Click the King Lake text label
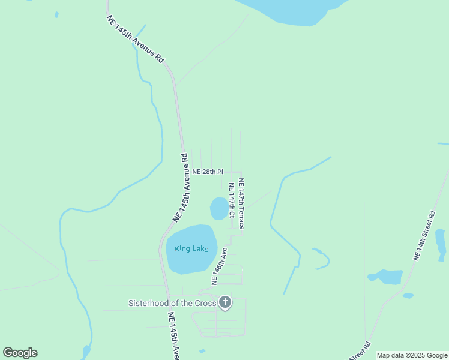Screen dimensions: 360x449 tap(191, 248)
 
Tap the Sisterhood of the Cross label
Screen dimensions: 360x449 tap(172, 303)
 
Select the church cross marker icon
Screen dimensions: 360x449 tap(225, 302)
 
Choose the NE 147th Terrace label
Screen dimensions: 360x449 tap(241, 204)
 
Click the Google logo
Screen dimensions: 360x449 tap(20, 353)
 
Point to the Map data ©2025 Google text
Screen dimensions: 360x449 tap(412, 355)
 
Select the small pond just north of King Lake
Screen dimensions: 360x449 tap(219, 208)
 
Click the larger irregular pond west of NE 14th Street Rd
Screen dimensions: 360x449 tap(387, 277)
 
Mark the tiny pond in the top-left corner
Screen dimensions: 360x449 tap(56, 14)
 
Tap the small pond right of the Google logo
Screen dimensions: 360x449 tap(86, 350)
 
